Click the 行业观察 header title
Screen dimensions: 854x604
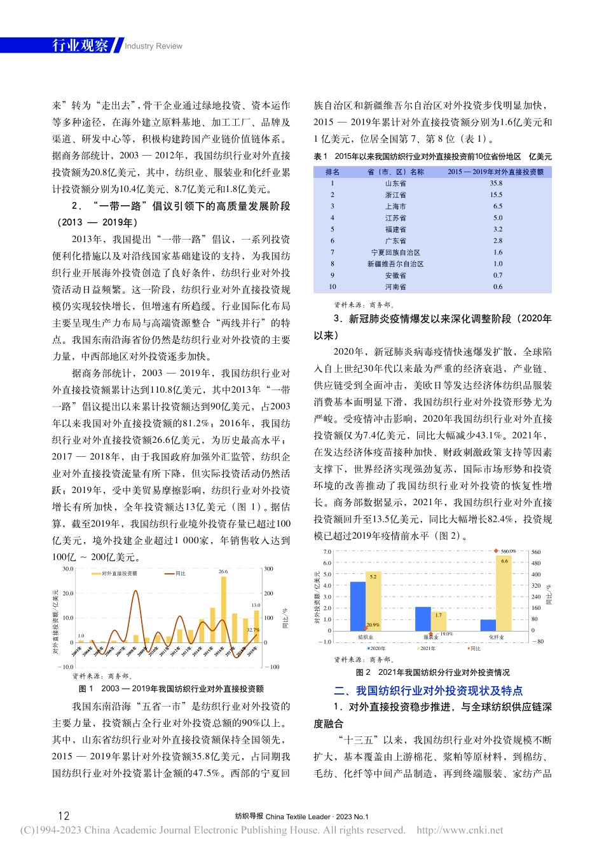point(80,45)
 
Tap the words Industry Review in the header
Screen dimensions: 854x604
point(153,46)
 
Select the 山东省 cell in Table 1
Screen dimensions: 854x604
point(395,184)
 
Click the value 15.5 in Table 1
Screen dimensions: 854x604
point(497,195)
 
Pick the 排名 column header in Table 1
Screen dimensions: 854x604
point(332,172)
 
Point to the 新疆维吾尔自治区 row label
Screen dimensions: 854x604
point(395,264)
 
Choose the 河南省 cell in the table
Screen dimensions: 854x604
point(395,287)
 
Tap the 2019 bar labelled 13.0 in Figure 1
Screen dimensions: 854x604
point(256,626)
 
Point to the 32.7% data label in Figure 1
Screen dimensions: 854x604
point(252,630)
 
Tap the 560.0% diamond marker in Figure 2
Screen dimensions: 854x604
point(497,551)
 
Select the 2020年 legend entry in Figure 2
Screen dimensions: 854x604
point(376,649)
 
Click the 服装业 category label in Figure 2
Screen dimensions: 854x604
point(431,637)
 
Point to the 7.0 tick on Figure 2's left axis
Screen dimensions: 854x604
point(327,552)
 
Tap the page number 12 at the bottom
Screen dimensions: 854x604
point(64,816)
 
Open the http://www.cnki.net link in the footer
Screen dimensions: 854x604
point(460,830)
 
